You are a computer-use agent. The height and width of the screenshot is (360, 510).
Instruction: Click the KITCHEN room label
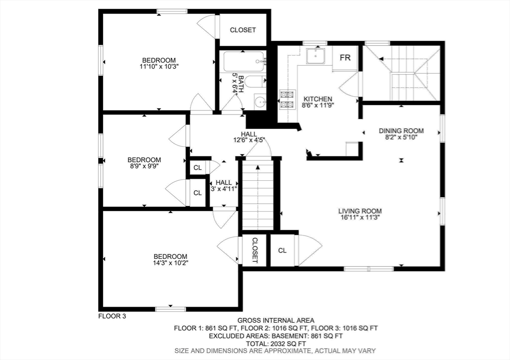coord(318,99)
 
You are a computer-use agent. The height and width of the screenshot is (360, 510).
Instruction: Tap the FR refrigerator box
coord(345,58)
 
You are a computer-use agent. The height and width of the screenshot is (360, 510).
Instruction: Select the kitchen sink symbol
coord(315,56)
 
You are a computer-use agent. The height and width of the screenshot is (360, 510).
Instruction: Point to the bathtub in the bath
coord(245,61)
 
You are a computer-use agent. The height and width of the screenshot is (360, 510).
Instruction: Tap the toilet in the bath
coord(255,82)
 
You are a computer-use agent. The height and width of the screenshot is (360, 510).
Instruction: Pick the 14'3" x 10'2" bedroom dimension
coord(171,263)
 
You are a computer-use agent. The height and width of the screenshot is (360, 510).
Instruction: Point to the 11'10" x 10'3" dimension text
coord(159,67)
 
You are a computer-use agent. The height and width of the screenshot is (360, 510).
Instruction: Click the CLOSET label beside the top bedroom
coord(243,30)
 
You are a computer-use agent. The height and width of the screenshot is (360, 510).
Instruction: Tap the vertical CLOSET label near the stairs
coord(255,250)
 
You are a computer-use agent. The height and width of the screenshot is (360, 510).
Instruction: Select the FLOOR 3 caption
coord(112,316)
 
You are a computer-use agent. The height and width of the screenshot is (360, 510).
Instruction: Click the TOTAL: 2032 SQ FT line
coord(275,344)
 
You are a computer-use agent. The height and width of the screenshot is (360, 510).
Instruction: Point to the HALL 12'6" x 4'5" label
coord(249,137)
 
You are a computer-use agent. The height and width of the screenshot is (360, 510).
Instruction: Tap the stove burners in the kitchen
coord(287,99)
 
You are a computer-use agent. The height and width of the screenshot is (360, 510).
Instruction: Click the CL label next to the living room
coord(282,250)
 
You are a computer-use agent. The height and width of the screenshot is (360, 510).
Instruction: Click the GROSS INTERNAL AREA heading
coord(276,320)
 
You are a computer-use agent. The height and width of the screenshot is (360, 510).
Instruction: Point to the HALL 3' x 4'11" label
coord(224,185)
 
